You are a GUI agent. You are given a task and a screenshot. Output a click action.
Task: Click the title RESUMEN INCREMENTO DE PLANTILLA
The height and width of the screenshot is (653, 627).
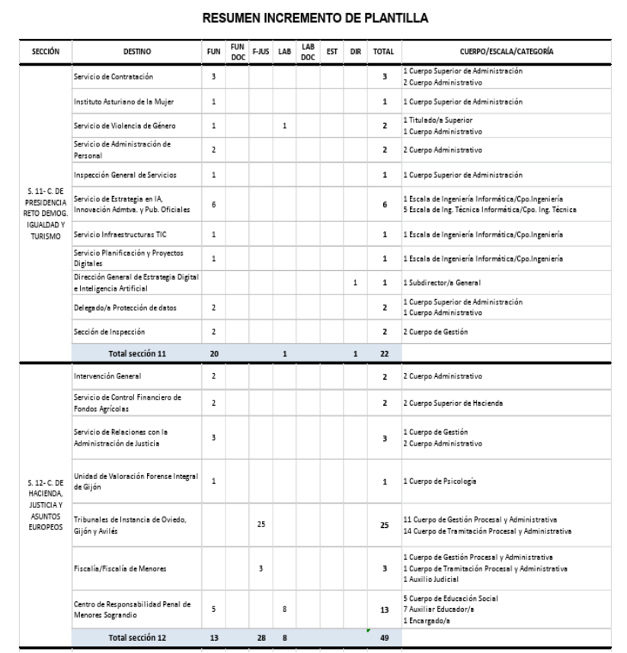coord(313,17)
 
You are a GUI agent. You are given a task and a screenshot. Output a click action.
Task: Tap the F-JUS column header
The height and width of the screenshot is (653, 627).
coord(261,52)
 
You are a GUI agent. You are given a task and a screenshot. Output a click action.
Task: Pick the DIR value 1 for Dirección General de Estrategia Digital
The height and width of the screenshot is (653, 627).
coord(355,284)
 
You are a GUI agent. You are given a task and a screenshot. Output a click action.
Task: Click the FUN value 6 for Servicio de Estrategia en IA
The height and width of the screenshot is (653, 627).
coord(213,204)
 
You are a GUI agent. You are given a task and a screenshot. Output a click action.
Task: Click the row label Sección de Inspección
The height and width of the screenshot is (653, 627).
coord(104,331)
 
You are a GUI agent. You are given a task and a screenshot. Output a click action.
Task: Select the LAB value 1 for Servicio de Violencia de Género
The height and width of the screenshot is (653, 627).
coord(284,126)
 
